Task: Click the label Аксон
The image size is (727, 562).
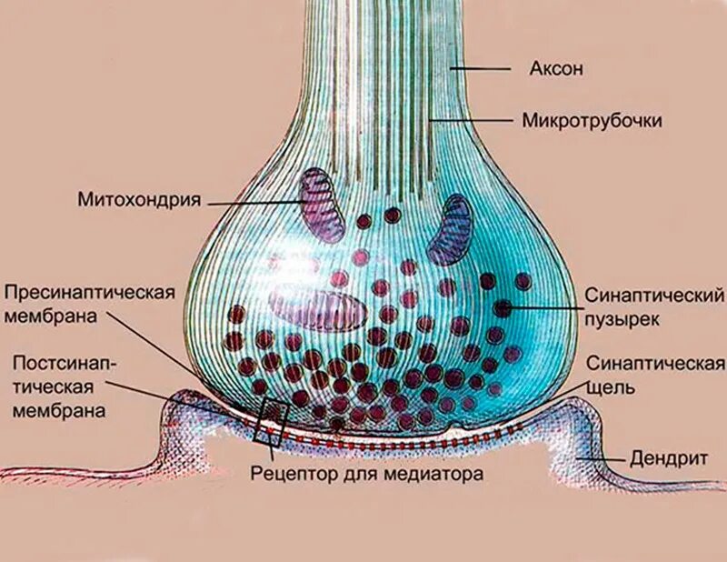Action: coord(554,68)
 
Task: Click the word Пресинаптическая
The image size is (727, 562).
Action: coord(89,293)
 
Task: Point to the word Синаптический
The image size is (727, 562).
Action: coord(654,297)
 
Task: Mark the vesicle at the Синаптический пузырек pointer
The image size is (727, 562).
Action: coord(503,308)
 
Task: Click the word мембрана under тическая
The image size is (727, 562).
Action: coord(58,409)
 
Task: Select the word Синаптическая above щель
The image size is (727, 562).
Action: coord(654,365)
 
